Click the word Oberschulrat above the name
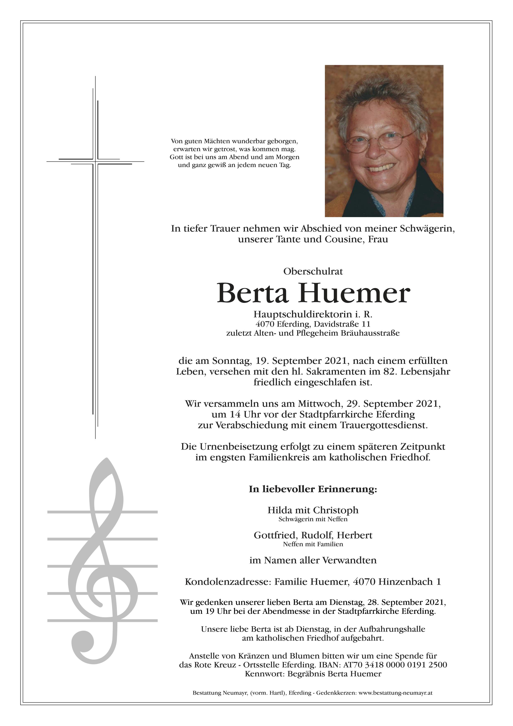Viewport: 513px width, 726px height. coord(313,272)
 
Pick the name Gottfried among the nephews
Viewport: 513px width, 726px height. coord(275,535)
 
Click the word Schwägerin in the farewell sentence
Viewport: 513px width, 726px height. coord(422,229)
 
